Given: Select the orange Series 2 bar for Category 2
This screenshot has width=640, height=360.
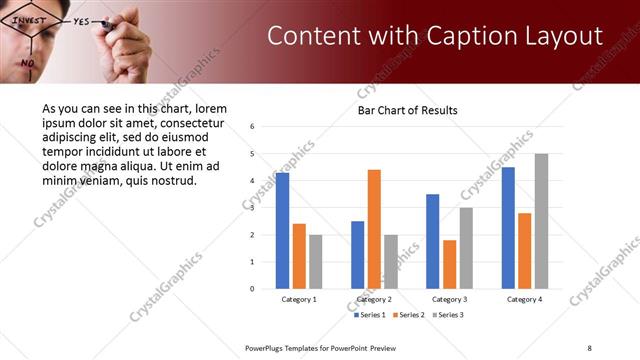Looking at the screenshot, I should (x=374, y=229).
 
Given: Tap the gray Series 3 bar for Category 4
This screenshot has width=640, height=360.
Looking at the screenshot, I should (x=541, y=221).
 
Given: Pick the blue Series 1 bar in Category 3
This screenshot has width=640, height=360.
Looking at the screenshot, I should (x=432, y=241).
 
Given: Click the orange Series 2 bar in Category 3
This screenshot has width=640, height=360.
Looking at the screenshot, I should (x=449, y=264).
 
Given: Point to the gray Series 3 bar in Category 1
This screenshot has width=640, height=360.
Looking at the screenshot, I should (x=315, y=262).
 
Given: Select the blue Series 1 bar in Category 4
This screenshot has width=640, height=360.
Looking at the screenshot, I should (x=508, y=228).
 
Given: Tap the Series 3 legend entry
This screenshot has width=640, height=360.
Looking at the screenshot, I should (x=448, y=315).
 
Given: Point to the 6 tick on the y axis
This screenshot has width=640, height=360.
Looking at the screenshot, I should (x=253, y=127).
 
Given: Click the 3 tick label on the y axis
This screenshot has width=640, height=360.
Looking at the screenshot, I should (x=253, y=208).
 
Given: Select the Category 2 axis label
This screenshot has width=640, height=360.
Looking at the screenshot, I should (x=374, y=299).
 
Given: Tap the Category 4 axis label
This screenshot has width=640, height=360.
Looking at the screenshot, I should (x=524, y=299).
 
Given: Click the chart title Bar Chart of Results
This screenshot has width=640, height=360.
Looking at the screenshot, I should (x=407, y=110).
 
